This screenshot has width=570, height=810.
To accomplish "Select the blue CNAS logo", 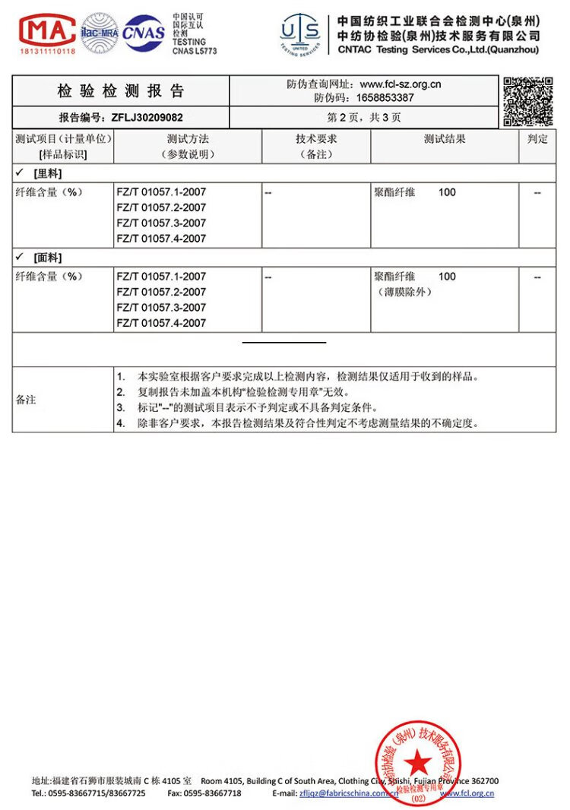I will [144, 33].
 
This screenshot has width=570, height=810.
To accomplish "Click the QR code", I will [527, 100].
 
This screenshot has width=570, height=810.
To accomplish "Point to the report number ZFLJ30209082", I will [147, 118].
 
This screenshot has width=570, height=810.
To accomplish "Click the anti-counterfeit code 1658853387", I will [385, 97].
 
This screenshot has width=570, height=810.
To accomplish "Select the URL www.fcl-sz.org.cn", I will [401, 84].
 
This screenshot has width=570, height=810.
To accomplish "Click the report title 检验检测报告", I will [121, 91].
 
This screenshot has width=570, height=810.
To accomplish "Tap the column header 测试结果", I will [445, 139].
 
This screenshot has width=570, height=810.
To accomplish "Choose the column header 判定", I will [538, 139].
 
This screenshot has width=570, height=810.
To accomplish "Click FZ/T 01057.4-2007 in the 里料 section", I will [161, 239].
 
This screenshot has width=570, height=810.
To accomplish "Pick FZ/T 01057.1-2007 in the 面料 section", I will [161, 277].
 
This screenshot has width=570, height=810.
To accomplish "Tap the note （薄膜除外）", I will [404, 292].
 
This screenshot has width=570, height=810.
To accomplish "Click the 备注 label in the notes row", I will [27, 400].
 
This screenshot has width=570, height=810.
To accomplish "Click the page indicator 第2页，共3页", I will [364, 118].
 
